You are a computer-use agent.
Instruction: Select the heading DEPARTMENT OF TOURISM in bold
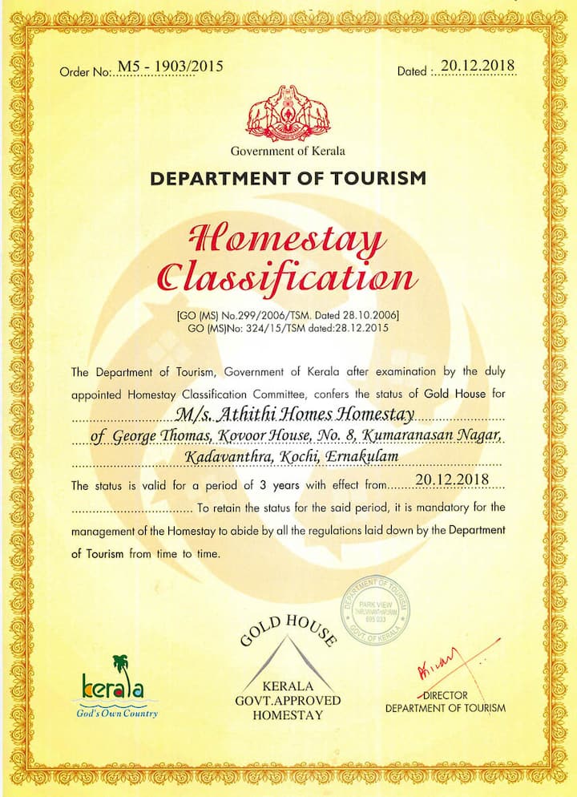tap(288, 178)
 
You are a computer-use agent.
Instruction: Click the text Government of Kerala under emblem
tap(288, 151)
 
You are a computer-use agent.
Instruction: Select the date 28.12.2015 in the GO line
tap(373, 328)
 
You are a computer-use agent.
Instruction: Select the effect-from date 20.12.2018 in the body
tap(452, 481)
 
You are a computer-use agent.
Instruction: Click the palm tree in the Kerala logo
tap(120, 662)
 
